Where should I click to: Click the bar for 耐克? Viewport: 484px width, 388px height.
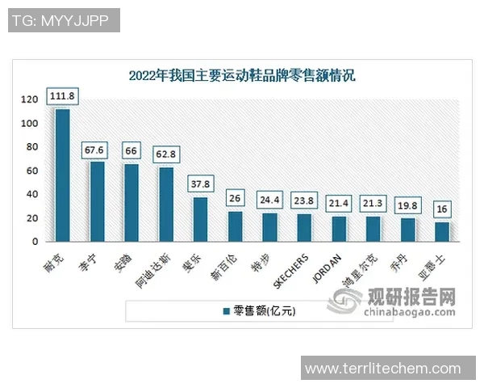(62, 175)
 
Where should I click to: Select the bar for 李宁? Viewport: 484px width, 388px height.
(97, 201)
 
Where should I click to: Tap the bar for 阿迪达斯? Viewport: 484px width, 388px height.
(165, 205)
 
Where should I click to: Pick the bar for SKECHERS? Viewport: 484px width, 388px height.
(304, 227)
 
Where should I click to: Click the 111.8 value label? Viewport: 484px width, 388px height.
(62, 96)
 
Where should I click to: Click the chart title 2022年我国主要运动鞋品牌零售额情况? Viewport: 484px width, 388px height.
(242, 76)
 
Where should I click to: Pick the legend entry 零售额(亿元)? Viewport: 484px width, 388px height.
(259, 311)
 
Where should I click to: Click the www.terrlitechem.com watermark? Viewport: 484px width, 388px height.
(384, 368)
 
